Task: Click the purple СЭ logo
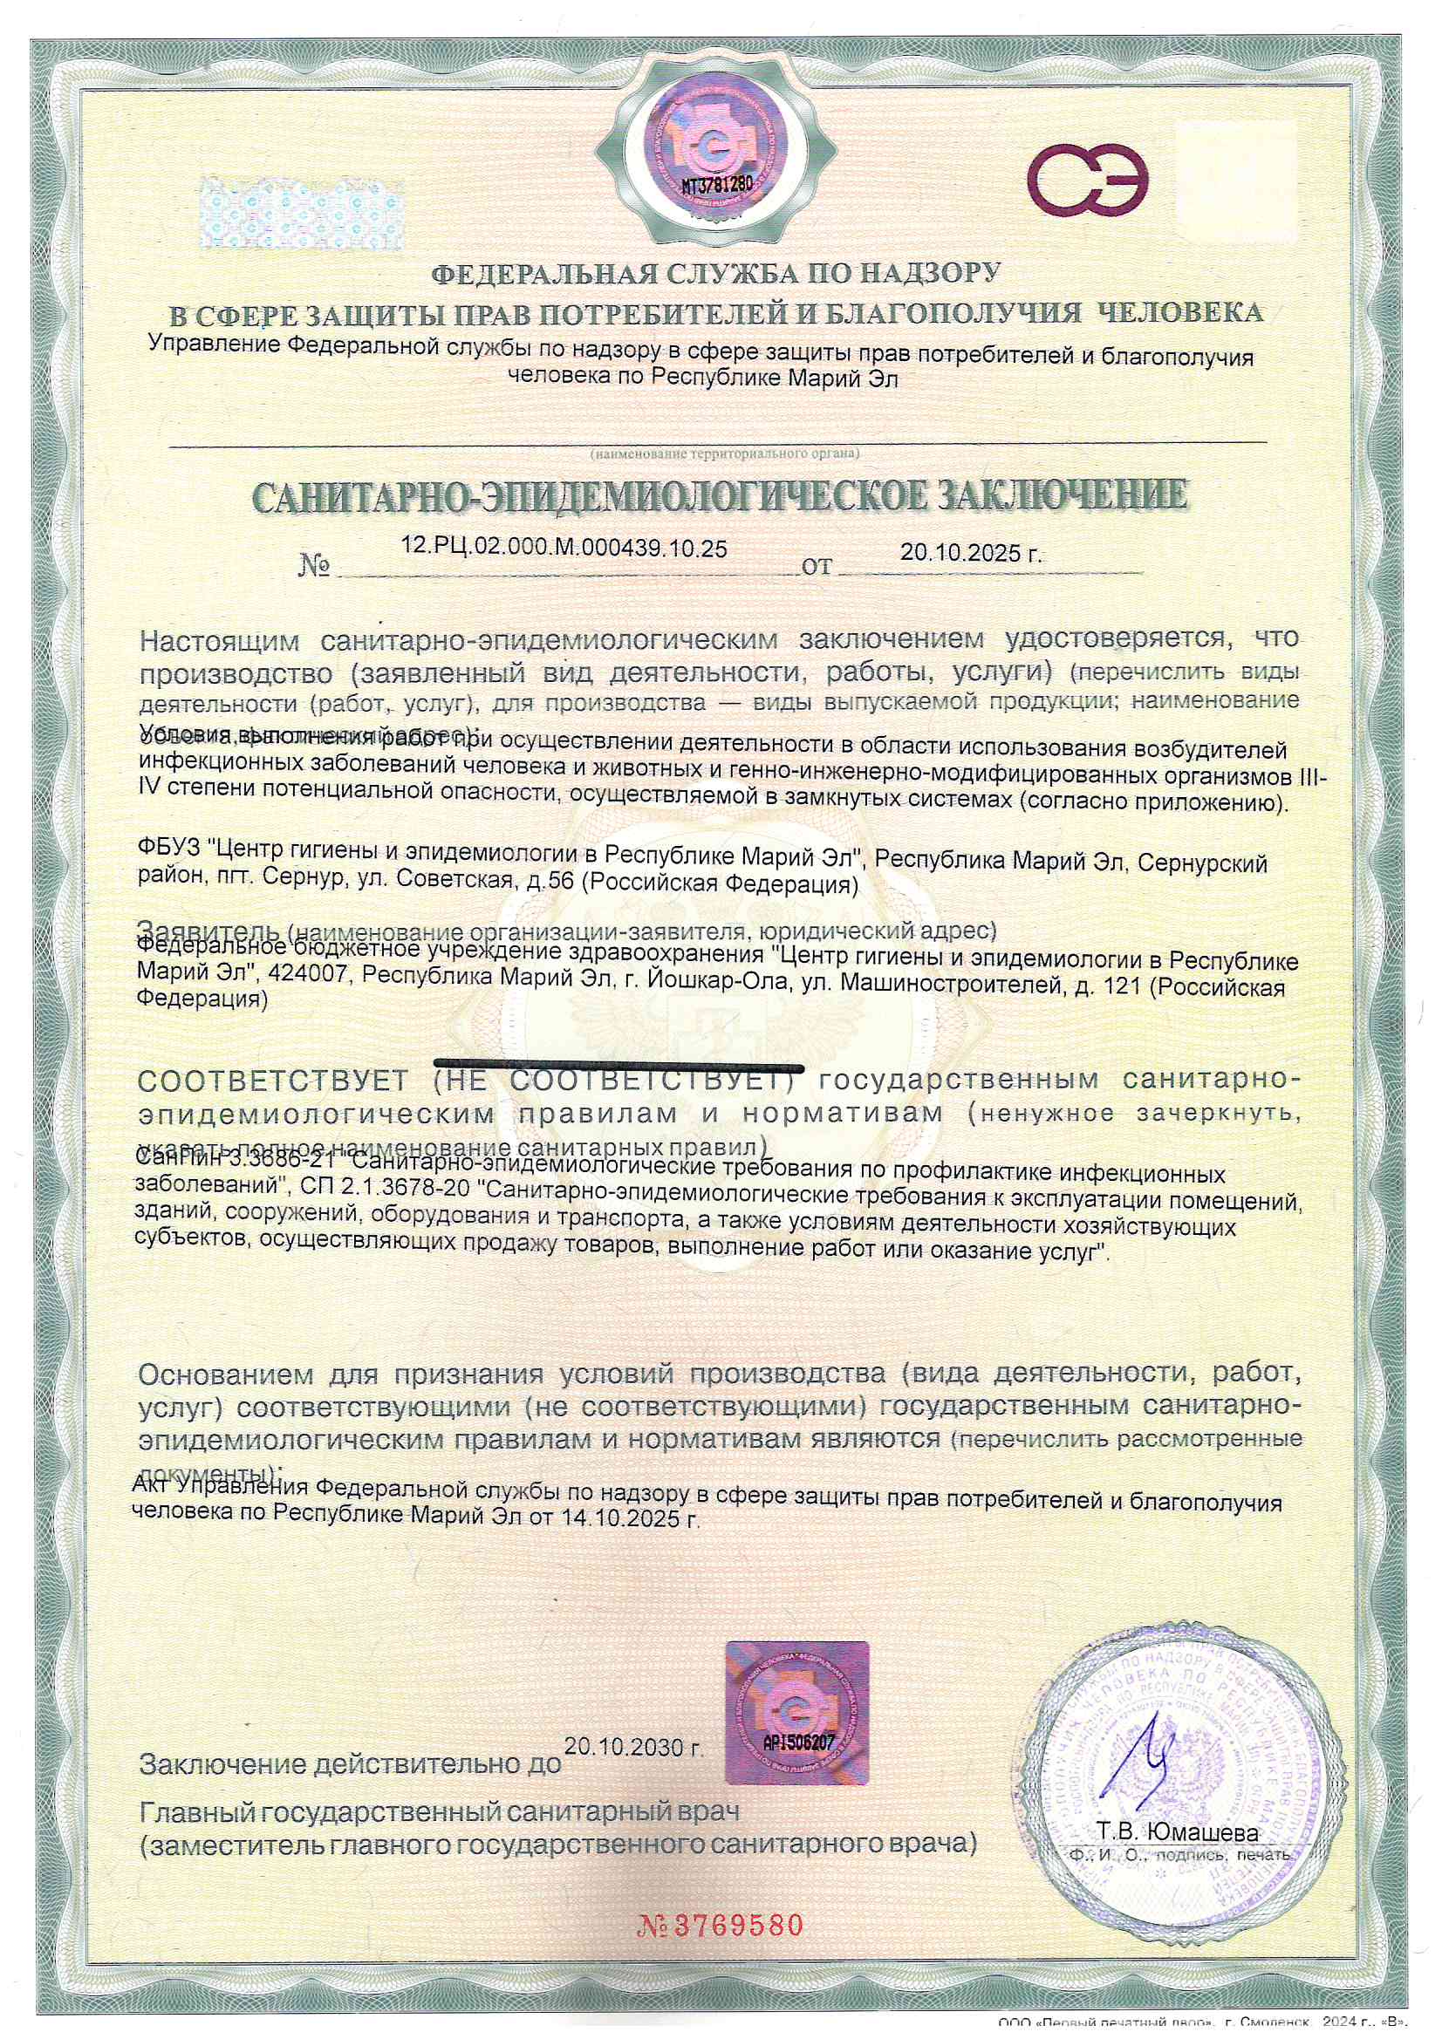pyautogui.click(x=1088, y=181)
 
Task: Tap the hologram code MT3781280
pyautogui.click(x=716, y=185)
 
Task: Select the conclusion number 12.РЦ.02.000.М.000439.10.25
pyautogui.click(x=564, y=548)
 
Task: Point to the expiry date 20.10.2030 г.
pyautogui.click(x=633, y=1747)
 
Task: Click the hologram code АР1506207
pyautogui.click(x=799, y=1742)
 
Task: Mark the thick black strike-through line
pyautogui.click(x=618, y=1063)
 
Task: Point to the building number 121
pyautogui.click(x=1120, y=985)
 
